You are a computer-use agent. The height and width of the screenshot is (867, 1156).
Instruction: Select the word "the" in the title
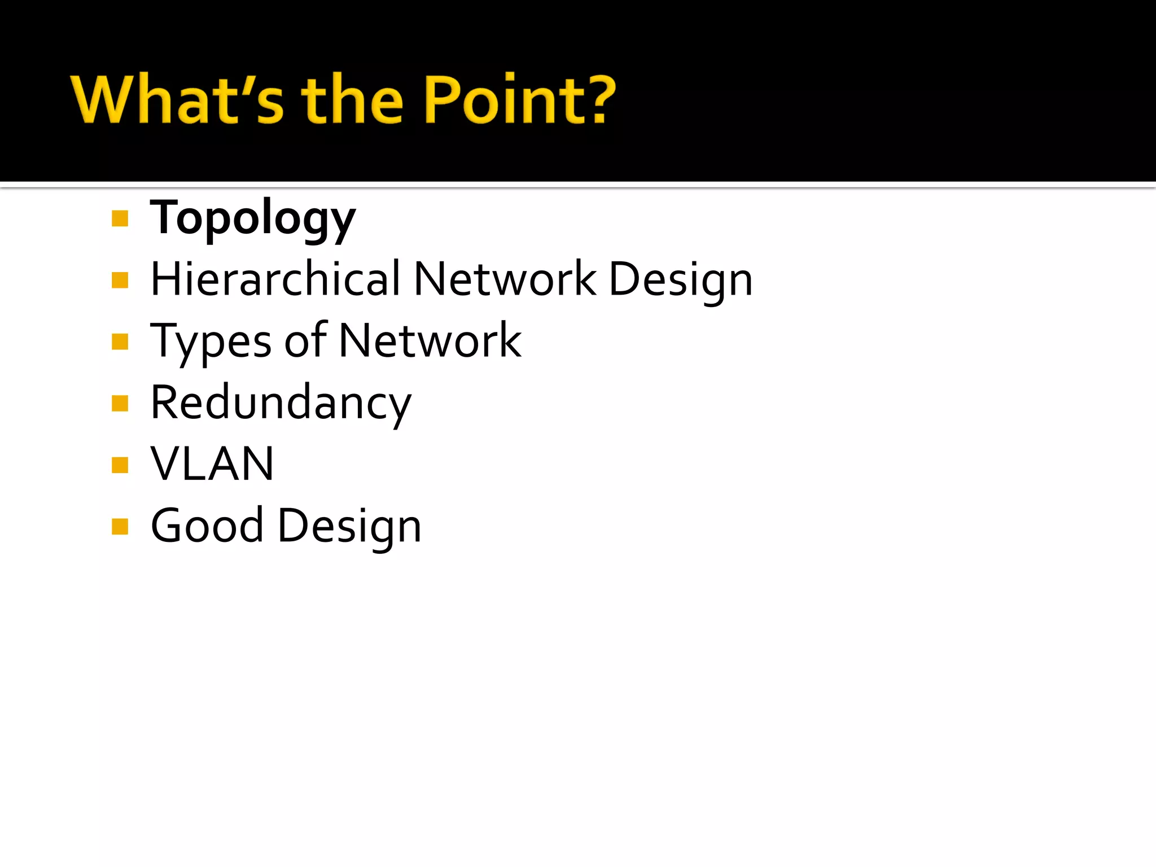click(352, 99)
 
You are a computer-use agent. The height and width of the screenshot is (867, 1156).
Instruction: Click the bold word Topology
click(253, 219)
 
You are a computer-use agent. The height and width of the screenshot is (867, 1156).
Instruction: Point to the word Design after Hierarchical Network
click(681, 280)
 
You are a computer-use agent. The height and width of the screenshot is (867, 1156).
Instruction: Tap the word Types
click(211, 341)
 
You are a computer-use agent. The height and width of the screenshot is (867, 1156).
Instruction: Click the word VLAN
click(212, 464)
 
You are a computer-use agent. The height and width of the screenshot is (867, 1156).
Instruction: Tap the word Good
click(207, 526)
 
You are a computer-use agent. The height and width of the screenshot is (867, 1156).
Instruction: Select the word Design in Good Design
click(349, 527)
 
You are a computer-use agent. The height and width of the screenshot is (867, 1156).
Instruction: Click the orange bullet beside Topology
click(120, 218)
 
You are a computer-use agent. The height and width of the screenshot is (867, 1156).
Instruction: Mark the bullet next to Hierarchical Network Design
click(120, 280)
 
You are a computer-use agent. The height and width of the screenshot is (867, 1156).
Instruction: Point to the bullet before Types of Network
click(120, 341)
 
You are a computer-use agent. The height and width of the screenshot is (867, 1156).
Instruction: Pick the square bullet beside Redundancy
click(120, 404)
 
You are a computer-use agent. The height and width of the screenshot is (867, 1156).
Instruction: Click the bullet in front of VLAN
click(120, 465)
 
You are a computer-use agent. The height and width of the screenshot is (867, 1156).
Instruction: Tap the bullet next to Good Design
click(120, 527)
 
